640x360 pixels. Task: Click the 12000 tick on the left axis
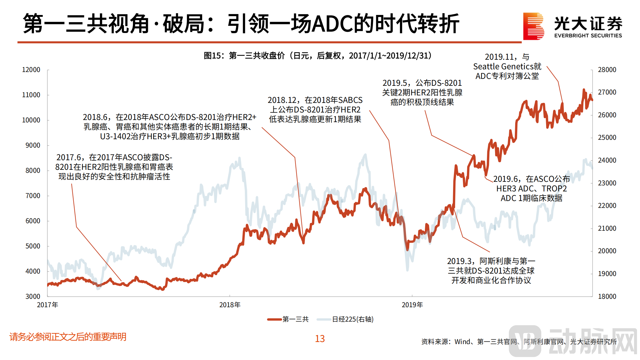[31, 70]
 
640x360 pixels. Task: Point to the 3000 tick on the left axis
[33, 296]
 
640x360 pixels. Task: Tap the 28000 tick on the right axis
[607, 70]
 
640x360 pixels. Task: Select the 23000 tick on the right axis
[607, 183]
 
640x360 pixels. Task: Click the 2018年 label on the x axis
[230, 305]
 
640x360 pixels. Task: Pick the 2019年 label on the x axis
[412, 305]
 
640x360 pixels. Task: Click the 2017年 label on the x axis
[47, 305]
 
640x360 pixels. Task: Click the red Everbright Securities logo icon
[533, 26]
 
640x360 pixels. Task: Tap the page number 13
[320, 339]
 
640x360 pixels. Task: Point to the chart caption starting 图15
[317, 55]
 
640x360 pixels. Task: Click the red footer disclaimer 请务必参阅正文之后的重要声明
[68, 337]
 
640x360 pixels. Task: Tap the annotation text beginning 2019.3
[491, 271]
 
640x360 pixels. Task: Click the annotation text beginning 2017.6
[114, 167]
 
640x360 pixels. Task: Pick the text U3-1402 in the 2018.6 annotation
[116, 136]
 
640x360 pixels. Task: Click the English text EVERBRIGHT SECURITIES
[588, 36]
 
